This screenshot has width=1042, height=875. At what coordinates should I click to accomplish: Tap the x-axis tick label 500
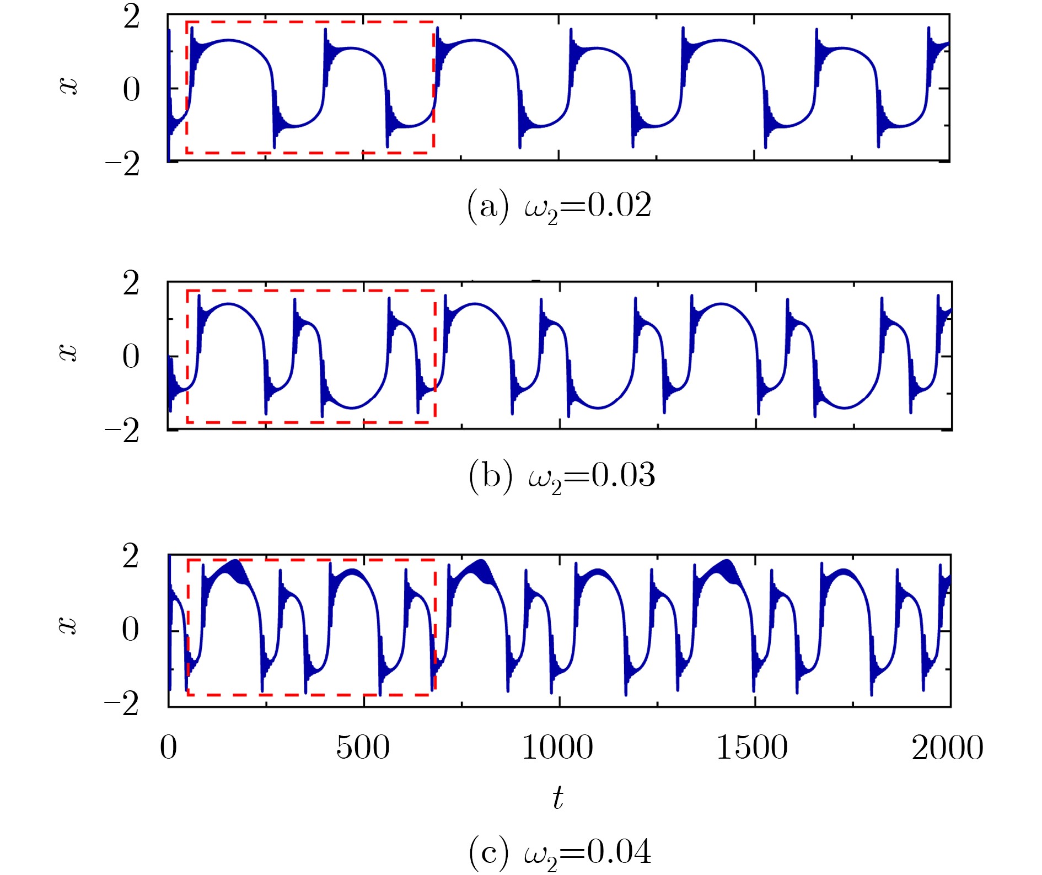pyautogui.click(x=363, y=748)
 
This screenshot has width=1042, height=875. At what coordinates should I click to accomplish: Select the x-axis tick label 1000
pyautogui.click(x=557, y=748)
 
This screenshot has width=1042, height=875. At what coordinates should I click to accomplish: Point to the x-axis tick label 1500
pyautogui.click(x=752, y=748)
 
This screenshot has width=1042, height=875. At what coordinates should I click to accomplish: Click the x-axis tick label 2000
pyautogui.click(x=947, y=748)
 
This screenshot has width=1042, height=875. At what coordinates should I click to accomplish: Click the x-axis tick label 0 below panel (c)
pyautogui.click(x=168, y=748)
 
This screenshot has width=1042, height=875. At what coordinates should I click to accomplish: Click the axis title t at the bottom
pyautogui.click(x=558, y=798)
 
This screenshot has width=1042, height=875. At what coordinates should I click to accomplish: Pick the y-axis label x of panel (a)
pyautogui.click(x=68, y=86)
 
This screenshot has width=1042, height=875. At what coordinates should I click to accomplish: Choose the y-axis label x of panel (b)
pyautogui.click(x=68, y=352)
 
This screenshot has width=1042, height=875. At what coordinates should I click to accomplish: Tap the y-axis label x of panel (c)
pyautogui.click(x=68, y=625)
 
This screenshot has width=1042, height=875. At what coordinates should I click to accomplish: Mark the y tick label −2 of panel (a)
pyautogui.click(x=123, y=164)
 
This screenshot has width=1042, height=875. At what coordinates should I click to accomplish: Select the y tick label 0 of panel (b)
pyautogui.click(x=131, y=357)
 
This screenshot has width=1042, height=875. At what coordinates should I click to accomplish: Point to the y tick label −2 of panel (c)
pyautogui.click(x=123, y=704)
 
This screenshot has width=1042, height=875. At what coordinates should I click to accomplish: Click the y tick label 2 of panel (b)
pyautogui.click(x=131, y=284)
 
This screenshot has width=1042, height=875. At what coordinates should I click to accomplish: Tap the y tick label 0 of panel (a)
pyautogui.click(x=131, y=90)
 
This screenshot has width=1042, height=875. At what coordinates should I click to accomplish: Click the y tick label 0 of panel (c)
pyautogui.click(x=131, y=630)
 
